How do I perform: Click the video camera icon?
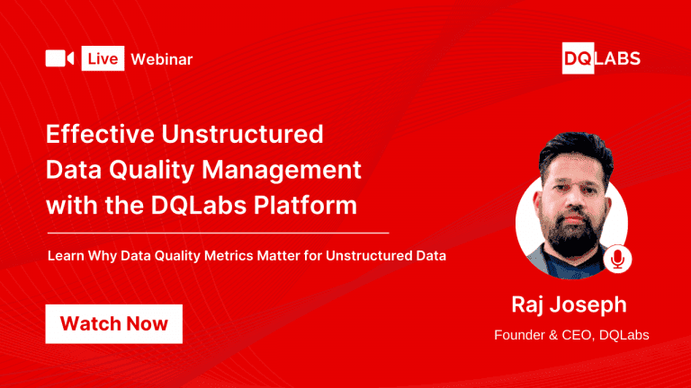pyautogui.click(x=59, y=58)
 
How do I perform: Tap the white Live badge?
pyautogui.click(x=102, y=59)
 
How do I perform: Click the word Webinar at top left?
pyautogui.click(x=162, y=59)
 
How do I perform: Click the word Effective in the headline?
pyautogui.click(x=99, y=135)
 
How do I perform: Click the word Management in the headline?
pyautogui.click(x=288, y=170)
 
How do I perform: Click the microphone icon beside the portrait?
pyautogui.click(x=617, y=259)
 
